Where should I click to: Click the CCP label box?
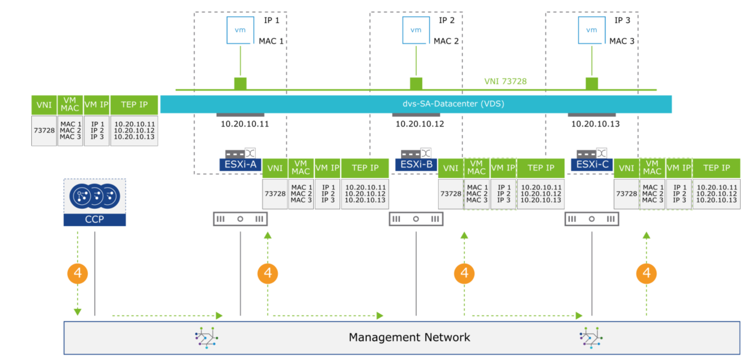[x=95, y=219]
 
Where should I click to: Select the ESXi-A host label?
[x=240, y=165]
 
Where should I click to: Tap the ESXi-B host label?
[x=416, y=165]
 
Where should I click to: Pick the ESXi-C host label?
[x=592, y=165]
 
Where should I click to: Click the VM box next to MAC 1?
[x=240, y=30]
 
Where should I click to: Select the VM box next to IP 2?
[x=416, y=30]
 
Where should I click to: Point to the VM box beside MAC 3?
[x=591, y=30]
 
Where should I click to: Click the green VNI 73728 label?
[x=505, y=81]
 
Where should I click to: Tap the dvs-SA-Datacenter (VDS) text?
[x=453, y=104]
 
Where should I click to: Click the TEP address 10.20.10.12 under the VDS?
[x=420, y=124]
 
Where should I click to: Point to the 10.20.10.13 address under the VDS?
[x=595, y=124]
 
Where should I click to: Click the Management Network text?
[x=409, y=337]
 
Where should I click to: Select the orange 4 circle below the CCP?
[x=78, y=273]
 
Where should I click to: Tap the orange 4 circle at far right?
[x=646, y=273]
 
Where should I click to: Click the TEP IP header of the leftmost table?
[x=134, y=105]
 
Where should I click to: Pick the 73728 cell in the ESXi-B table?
[x=451, y=194]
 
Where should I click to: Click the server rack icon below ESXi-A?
[x=240, y=219]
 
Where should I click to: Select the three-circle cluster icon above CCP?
[x=95, y=196]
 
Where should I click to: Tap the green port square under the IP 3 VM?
[x=591, y=83]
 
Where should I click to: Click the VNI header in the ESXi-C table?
[x=626, y=168]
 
